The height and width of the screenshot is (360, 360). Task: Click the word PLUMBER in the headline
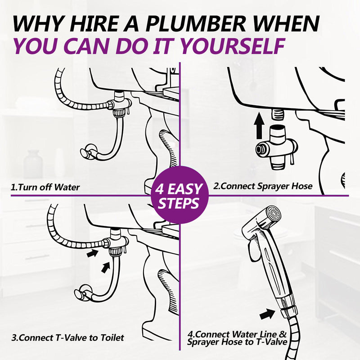(x=195, y=23)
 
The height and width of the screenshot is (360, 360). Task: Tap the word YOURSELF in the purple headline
(x=232, y=46)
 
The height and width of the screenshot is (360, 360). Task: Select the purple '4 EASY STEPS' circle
(x=180, y=195)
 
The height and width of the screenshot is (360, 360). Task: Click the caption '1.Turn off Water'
(x=45, y=187)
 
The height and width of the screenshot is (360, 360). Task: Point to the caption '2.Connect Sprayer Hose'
(x=263, y=186)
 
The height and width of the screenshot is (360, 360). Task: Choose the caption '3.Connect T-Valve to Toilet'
(x=68, y=338)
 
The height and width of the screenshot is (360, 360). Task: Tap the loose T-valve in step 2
(x=276, y=147)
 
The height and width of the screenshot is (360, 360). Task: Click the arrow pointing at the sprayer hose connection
(x=267, y=314)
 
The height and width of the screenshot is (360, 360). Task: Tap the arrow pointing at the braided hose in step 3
(x=93, y=253)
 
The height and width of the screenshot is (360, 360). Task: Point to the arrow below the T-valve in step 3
(x=106, y=267)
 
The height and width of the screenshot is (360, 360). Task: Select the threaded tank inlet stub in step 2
(x=277, y=114)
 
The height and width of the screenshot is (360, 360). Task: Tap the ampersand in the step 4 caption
(x=283, y=334)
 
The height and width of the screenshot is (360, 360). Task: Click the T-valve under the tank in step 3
(x=117, y=242)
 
